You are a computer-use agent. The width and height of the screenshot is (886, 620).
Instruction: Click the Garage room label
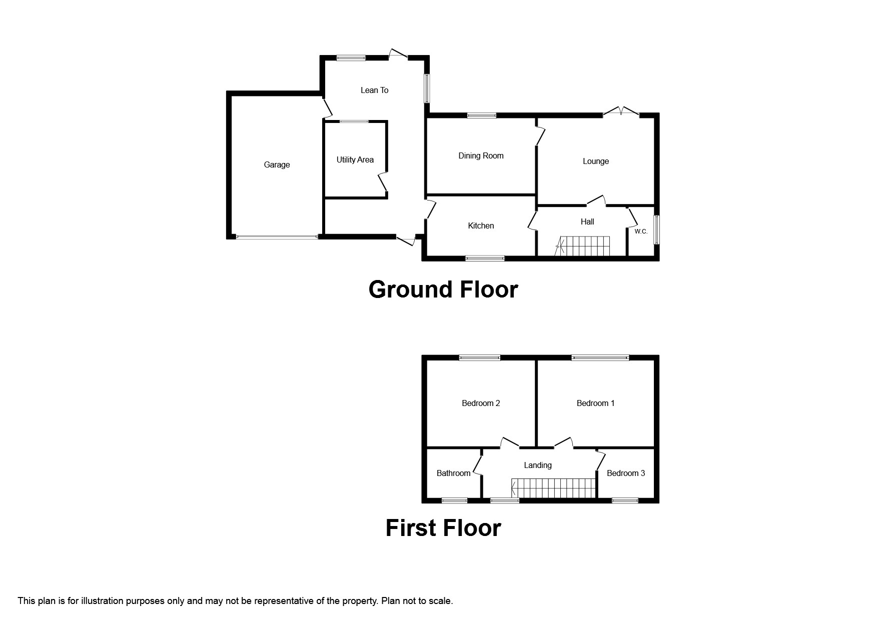(277, 164)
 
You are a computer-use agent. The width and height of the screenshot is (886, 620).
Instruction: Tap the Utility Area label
(355, 159)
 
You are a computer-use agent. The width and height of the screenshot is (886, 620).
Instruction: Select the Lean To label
(374, 90)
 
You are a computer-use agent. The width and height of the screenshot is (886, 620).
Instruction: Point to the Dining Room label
(481, 155)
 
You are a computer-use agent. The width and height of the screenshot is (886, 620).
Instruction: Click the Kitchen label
(481, 225)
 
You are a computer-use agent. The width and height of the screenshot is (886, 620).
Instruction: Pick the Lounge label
(595, 161)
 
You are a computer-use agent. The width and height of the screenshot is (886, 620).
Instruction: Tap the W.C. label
(641, 231)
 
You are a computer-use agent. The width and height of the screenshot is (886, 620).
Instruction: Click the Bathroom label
(453, 473)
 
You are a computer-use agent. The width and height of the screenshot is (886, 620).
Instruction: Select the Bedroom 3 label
(625, 473)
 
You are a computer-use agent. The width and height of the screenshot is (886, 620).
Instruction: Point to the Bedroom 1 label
(595, 403)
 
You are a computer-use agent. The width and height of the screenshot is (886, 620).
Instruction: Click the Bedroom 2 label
(481, 403)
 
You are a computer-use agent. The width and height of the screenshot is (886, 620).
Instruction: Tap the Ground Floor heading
(443, 289)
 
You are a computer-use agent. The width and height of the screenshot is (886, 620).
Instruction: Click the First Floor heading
(443, 527)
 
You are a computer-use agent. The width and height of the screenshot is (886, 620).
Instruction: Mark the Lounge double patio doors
(621, 112)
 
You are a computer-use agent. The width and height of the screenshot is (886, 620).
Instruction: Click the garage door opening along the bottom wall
(277, 237)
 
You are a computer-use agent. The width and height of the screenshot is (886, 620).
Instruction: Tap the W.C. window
(657, 230)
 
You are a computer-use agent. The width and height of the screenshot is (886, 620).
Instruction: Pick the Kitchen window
(485, 258)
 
